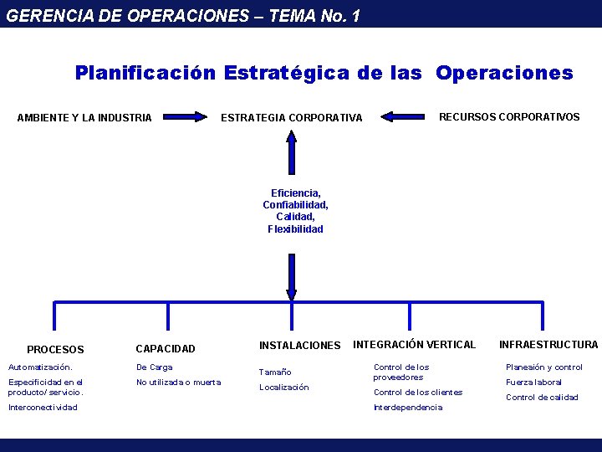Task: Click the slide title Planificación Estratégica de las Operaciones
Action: pyautogui.click(x=324, y=73)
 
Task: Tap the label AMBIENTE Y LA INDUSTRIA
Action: pyautogui.click(x=84, y=117)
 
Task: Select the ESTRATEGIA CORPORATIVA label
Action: pyautogui.click(x=291, y=117)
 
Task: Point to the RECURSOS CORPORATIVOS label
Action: pyautogui.click(x=509, y=117)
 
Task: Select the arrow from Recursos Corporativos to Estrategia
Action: pyautogui.click(x=405, y=116)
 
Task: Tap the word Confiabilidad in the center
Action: pyautogui.click(x=295, y=205)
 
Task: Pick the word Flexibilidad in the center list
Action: pyautogui.click(x=295, y=229)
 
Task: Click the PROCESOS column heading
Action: pyautogui.click(x=55, y=349)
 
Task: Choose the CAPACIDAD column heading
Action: pyautogui.click(x=166, y=348)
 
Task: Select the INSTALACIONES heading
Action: pyautogui.click(x=299, y=345)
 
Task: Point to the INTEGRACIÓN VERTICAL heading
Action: pyautogui.click(x=414, y=344)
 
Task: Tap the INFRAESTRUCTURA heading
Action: pyautogui.click(x=548, y=344)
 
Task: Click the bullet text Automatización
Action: pyautogui.click(x=40, y=367)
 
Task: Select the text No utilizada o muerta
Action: pyautogui.click(x=178, y=383)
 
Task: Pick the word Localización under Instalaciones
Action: pyautogui.click(x=283, y=388)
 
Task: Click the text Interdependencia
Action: pyautogui.click(x=408, y=408)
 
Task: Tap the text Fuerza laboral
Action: pyautogui.click(x=533, y=383)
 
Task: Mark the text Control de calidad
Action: pyautogui.click(x=542, y=398)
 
